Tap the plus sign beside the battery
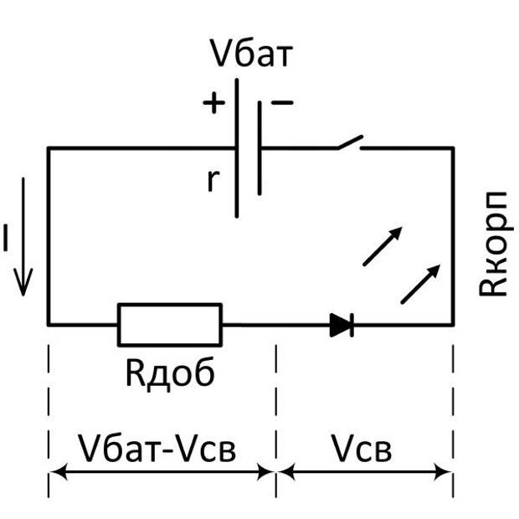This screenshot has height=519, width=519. pos(214,103)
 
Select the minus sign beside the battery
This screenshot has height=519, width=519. pos(283,102)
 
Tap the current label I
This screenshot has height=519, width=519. pos(6,241)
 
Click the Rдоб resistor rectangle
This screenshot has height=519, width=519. pos(170,324)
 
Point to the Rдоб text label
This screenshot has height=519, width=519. pos(170,373)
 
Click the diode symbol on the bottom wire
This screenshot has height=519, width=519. pos(342,325)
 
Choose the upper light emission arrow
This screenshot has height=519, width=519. pos(382,246)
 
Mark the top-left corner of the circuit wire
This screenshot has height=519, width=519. pos(48,148)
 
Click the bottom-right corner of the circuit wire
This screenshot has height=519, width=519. pos(453,324)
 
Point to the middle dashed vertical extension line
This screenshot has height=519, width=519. pos(276,402)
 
